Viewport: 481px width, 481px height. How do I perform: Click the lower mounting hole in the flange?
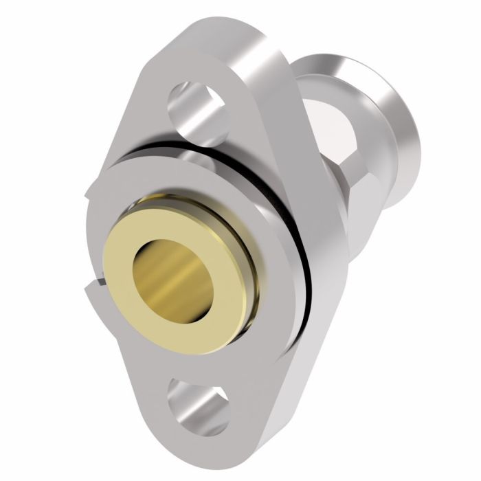197,399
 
